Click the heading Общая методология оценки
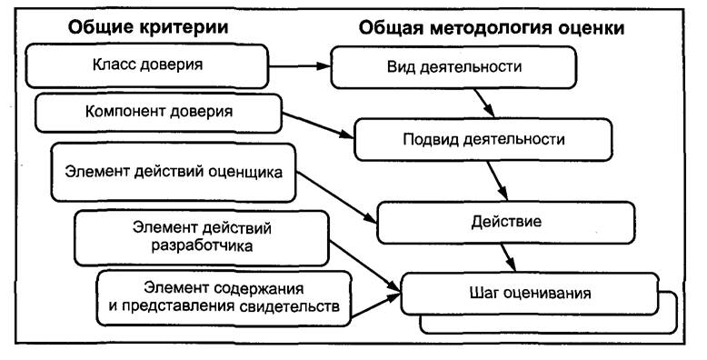click(492, 27)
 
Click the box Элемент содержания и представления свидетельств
click(222, 296)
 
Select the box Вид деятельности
click(453, 67)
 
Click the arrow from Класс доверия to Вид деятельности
click(300, 66)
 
